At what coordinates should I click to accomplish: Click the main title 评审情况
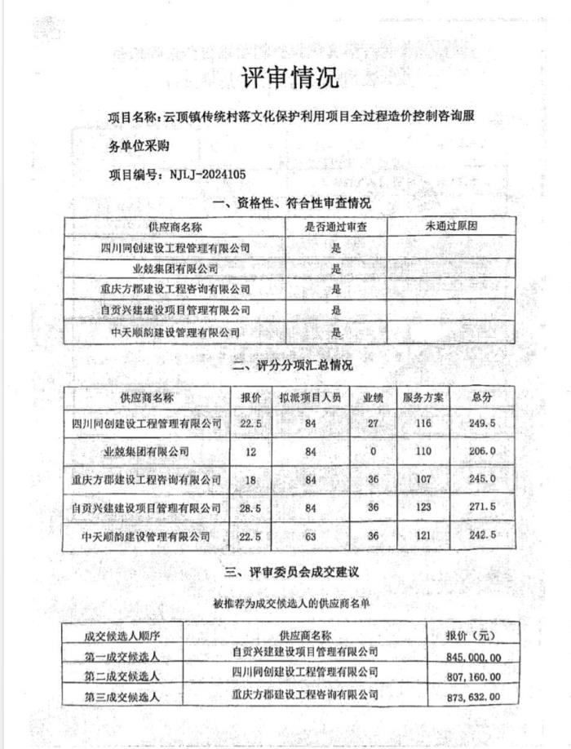(x=289, y=79)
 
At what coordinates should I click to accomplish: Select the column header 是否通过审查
(x=335, y=227)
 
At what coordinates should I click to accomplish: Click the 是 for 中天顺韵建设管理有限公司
(x=335, y=332)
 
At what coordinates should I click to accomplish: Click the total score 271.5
(x=483, y=507)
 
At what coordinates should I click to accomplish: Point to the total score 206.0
(x=483, y=451)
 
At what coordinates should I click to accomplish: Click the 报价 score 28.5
(x=250, y=507)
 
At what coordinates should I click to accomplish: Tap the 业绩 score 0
(x=374, y=451)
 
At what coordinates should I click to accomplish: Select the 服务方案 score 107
(x=423, y=480)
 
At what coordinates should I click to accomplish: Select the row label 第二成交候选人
(x=122, y=676)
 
